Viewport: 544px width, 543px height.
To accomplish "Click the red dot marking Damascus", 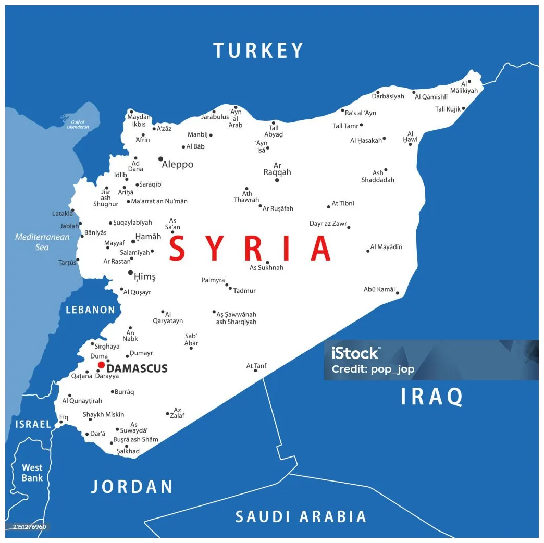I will (101, 365).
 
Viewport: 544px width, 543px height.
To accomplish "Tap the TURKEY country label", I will (258, 51).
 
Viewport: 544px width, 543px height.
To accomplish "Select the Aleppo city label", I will (178, 164).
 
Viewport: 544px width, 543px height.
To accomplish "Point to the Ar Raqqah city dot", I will (277, 180).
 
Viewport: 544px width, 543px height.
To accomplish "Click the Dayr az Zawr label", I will (328, 224).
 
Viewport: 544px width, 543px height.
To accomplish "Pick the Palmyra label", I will (213, 280).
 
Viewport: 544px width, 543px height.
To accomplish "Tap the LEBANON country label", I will (90, 310).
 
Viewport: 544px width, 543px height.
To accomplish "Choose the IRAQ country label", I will (431, 397).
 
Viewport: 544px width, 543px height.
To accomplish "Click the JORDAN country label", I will (132, 486).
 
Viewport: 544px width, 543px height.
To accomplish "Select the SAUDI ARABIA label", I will (301, 516).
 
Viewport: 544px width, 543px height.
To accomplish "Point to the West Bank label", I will (32, 473).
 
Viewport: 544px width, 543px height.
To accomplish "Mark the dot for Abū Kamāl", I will (397, 293).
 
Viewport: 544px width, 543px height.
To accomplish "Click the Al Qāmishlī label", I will (431, 97).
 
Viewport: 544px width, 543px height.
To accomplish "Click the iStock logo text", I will (355, 353).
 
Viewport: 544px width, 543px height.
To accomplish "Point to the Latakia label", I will (62, 214).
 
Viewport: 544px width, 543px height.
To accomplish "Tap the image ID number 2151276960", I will (30, 527).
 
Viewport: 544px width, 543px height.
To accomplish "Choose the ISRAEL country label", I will (33, 424).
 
